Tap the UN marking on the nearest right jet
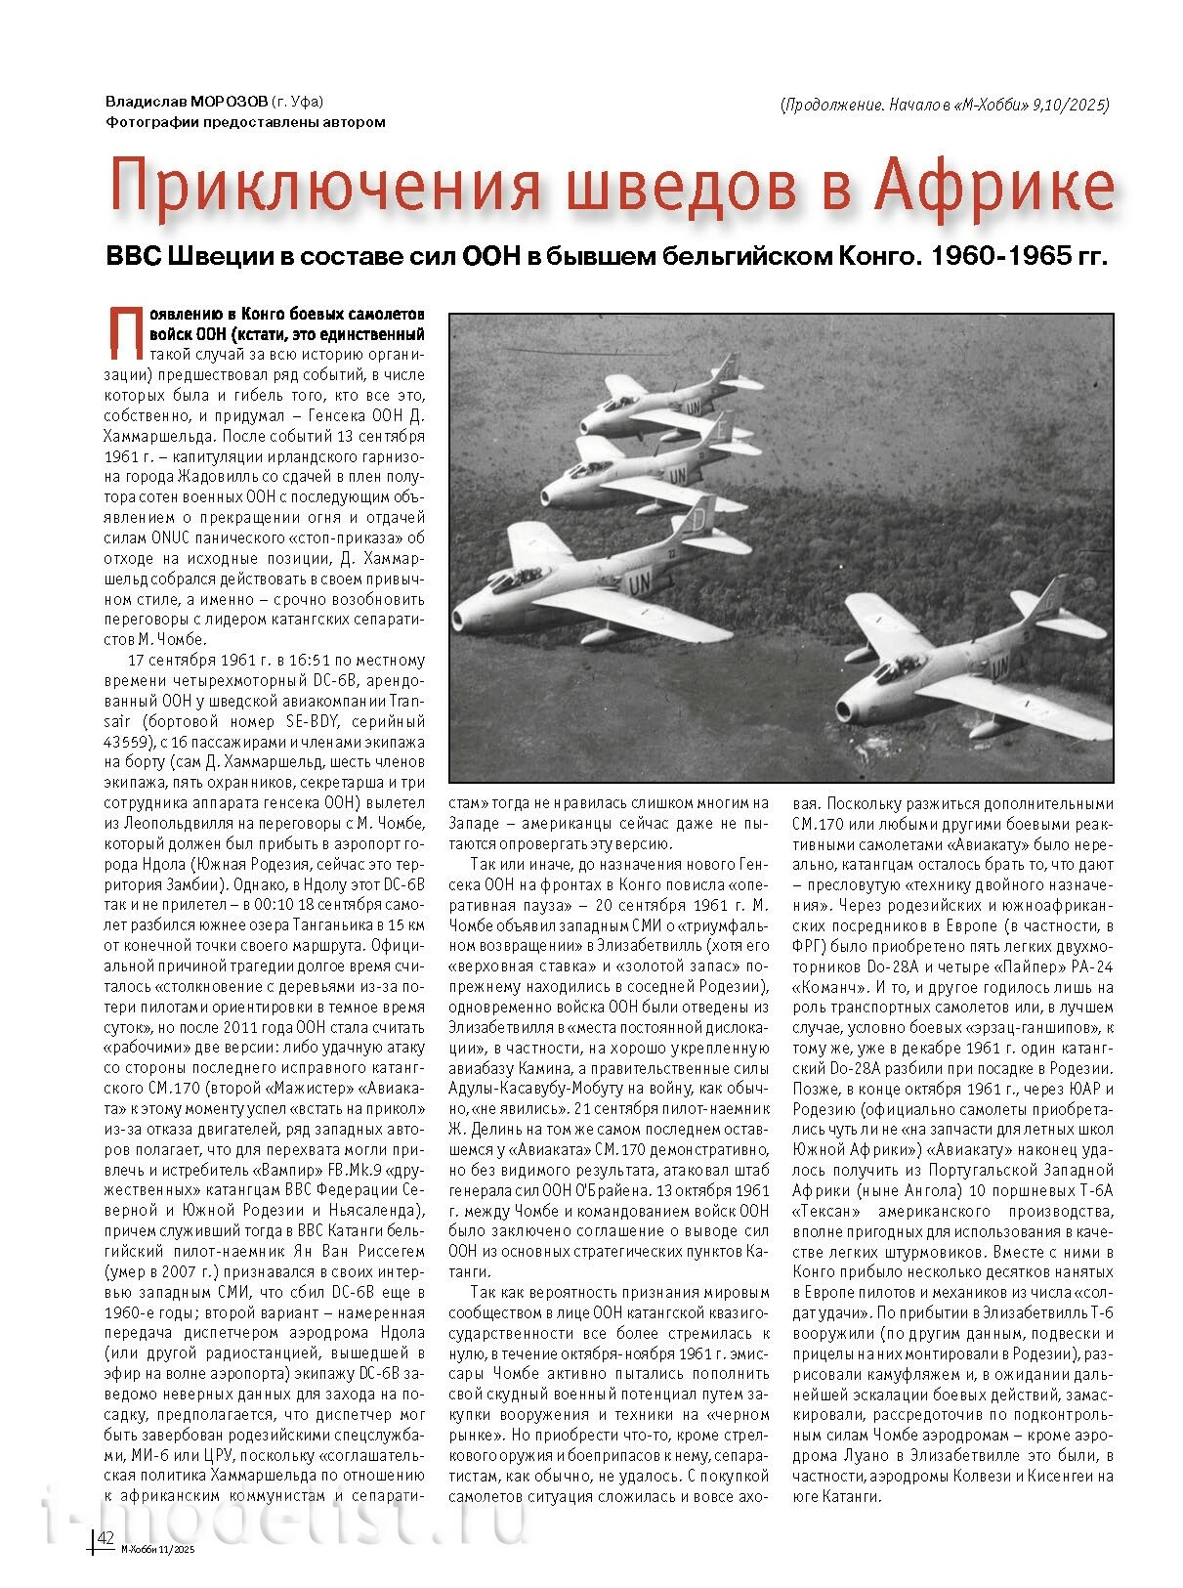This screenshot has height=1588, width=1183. [999, 667]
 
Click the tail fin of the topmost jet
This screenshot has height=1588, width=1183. [724, 369]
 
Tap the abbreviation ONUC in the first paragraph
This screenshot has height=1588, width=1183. [170, 537]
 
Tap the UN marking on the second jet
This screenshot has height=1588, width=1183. [676, 476]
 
